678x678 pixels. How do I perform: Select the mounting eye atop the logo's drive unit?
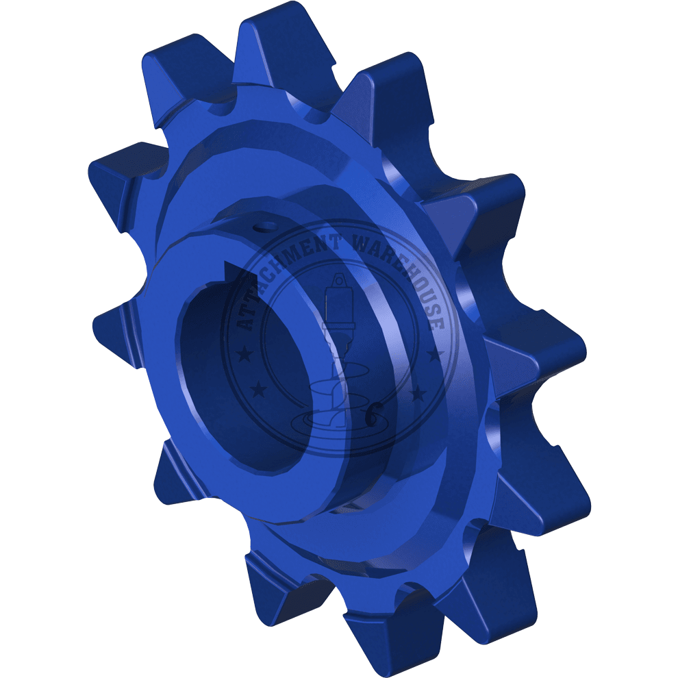pyautogui.click(x=338, y=279)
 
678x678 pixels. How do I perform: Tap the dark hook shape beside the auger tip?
pyautogui.click(x=373, y=414)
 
